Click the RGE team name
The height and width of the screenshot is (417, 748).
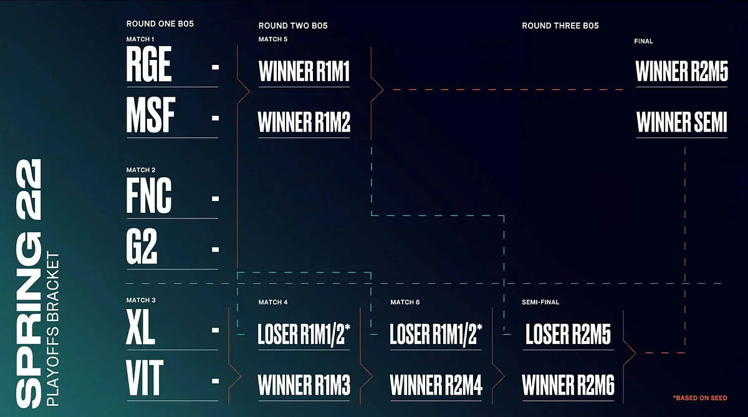[149, 64]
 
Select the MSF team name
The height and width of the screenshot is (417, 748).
[151, 115]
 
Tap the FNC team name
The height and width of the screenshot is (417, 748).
[149, 195]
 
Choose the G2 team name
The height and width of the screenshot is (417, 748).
[141, 247]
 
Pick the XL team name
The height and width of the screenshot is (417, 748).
[141, 327]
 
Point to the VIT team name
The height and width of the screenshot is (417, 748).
[145, 378]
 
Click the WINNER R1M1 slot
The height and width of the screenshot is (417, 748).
[304, 71]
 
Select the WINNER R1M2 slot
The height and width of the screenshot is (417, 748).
[304, 122]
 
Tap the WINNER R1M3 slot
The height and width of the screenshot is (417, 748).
[304, 385]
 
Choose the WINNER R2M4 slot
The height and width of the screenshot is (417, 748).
[436, 385]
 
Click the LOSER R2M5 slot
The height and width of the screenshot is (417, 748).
[568, 334]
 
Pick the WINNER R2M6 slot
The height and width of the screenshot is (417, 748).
[568, 385]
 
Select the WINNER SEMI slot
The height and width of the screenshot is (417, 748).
[681, 122]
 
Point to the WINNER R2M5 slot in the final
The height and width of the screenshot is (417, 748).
[681, 71]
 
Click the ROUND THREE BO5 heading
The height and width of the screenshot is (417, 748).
[560, 26]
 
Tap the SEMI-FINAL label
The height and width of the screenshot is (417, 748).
[540, 302]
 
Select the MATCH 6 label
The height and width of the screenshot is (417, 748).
[405, 302]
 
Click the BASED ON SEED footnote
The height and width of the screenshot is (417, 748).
[700, 398]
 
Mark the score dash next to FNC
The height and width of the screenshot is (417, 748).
[216, 199]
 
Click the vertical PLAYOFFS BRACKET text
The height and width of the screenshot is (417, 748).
[53, 329]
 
